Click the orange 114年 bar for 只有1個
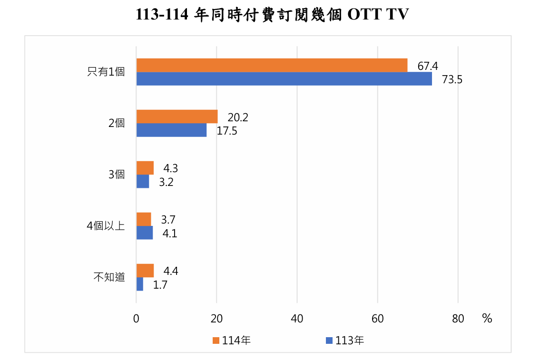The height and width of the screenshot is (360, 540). (272, 65)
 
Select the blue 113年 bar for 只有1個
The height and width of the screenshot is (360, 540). (284, 79)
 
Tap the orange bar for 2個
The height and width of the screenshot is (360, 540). (177, 117)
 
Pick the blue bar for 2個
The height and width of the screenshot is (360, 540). (171, 130)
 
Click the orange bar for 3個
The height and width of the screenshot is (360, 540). (145, 168)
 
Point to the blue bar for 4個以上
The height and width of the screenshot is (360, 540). (145, 233)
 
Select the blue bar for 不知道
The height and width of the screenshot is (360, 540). (140, 284)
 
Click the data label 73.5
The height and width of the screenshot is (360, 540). (452, 79)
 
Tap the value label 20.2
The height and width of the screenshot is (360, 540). (237, 117)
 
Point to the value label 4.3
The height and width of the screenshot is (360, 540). (171, 168)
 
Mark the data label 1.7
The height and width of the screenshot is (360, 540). (160, 285)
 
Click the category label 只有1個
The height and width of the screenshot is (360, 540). (106, 72)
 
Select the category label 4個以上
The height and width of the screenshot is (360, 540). (106, 226)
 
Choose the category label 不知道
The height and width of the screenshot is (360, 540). (109, 277)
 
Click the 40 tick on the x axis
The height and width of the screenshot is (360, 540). (297, 319)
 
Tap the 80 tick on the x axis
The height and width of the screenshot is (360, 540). (458, 319)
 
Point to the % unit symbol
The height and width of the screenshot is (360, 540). (487, 319)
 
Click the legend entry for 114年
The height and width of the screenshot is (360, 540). (232, 340)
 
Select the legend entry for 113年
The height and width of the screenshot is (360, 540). (345, 340)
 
